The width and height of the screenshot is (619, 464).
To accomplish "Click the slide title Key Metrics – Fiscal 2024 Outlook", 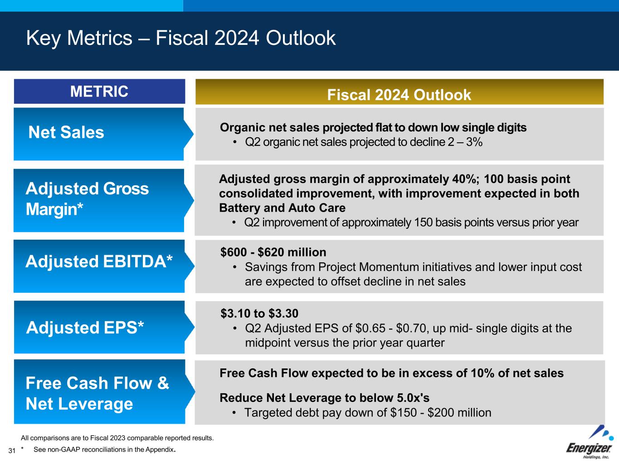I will (x=180, y=38).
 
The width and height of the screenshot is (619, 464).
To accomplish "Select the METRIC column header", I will (x=99, y=92).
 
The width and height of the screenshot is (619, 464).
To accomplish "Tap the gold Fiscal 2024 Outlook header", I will (x=399, y=95).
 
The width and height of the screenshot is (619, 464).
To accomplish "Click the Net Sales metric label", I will (x=66, y=133).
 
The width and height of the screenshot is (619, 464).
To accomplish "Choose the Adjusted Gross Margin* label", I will (x=87, y=199).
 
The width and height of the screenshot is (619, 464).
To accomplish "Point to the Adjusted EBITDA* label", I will (x=99, y=261).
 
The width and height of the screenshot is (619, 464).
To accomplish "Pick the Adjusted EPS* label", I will (x=85, y=327).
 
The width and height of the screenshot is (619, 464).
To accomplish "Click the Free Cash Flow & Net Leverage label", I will (x=97, y=393).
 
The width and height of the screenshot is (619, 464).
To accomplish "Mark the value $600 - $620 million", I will (x=273, y=252).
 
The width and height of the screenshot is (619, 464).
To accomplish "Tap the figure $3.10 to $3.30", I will (x=259, y=314).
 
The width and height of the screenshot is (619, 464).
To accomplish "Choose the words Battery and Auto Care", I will (x=282, y=208).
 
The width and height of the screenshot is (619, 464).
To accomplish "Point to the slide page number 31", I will (x=12, y=450).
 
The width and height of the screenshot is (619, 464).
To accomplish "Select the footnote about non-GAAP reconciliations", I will (x=104, y=450).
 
